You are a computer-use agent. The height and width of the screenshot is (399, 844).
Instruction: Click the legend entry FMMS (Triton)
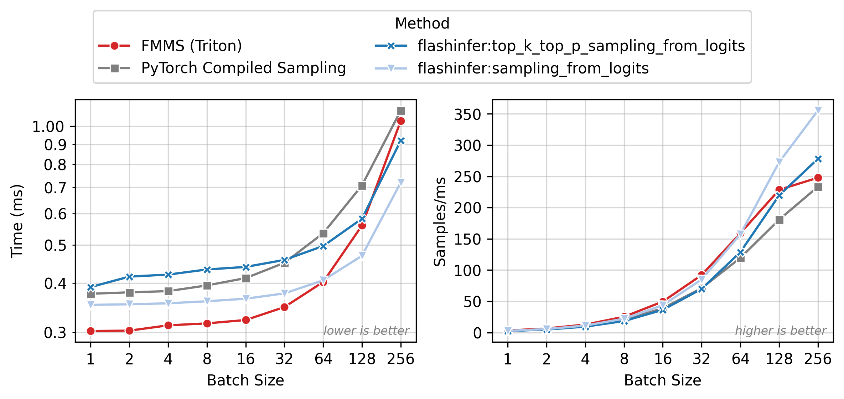191,46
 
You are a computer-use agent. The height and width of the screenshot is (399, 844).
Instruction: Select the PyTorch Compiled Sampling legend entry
243,68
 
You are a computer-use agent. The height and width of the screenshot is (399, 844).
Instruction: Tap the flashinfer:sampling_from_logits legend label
533,68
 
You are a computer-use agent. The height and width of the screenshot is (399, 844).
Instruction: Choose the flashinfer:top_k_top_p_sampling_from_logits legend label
581,46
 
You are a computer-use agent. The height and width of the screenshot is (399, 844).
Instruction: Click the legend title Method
422,24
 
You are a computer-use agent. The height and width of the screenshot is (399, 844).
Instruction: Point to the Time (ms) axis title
17,221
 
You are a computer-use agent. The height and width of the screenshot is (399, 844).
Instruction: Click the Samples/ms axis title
440,221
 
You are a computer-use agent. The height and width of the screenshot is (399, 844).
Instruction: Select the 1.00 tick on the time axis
48,127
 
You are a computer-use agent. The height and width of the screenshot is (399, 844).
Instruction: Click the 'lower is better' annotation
366,331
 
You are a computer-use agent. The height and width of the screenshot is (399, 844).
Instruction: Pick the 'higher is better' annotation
781,331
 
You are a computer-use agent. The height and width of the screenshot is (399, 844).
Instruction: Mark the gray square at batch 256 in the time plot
401,111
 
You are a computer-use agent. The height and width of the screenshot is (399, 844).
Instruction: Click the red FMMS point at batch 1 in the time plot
90,331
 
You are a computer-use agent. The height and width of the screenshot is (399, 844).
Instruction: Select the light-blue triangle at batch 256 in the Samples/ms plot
818,111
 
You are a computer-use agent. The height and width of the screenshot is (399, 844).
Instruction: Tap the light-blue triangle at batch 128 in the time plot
362,255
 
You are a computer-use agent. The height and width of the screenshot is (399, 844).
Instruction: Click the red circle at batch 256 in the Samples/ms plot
818,178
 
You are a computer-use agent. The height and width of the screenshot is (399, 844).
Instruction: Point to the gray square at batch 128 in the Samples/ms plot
779,220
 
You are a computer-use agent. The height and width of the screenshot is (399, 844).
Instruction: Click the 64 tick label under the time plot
323,359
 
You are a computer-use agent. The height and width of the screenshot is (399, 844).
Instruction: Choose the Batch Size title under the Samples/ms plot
662,380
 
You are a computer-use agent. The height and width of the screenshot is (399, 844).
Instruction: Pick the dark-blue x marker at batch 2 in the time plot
129,277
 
